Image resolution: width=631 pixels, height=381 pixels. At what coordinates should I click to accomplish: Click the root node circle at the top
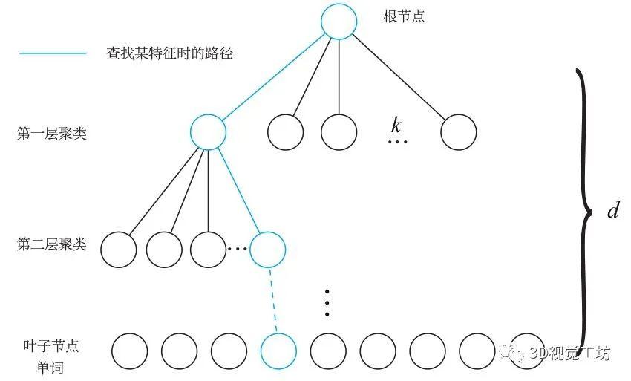pyautogui.click(x=339, y=22)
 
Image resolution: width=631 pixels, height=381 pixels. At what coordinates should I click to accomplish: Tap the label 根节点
pyautogui.click(x=404, y=16)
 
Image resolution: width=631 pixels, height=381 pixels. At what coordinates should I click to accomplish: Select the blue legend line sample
pyautogui.click(x=53, y=53)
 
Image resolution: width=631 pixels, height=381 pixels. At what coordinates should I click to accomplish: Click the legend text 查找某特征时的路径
pyautogui.click(x=169, y=53)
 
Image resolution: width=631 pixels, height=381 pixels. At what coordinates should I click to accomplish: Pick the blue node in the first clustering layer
pyautogui.click(x=208, y=132)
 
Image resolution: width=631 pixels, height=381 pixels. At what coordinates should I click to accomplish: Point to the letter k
pyautogui.click(x=396, y=125)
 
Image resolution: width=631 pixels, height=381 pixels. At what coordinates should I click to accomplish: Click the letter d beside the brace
pyautogui.click(x=613, y=210)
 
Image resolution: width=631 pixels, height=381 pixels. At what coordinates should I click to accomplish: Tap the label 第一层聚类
pyautogui.click(x=51, y=133)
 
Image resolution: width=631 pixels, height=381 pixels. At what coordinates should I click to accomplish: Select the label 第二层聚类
pyautogui.click(x=51, y=244)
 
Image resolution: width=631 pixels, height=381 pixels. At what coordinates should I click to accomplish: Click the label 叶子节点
pyautogui.click(x=50, y=346)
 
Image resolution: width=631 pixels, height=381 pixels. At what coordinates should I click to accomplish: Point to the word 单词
pyautogui.click(x=50, y=368)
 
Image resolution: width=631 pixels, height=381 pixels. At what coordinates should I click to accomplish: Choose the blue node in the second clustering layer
pyautogui.click(x=267, y=250)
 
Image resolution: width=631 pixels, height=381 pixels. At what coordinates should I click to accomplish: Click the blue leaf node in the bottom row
pyautogui.click(x=278, y=351)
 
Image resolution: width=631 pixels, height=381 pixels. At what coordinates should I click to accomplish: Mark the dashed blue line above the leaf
pyautogui.click(x=273, y=301)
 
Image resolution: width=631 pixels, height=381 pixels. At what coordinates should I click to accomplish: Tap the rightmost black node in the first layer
pyautogui.click(x=458, y=132)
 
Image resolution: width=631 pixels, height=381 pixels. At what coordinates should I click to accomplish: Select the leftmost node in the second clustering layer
pyautogui.click(x=118, y=250)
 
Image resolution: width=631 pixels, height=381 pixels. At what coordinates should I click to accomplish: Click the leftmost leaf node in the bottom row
pyautogui.click(x=130, y=351)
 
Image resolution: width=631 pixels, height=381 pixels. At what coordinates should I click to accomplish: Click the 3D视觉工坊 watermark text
pyautogui.click(x=569, y=354)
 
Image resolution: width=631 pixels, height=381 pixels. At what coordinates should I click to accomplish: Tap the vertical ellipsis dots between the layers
pyautogui.click(x=327, y=302)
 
